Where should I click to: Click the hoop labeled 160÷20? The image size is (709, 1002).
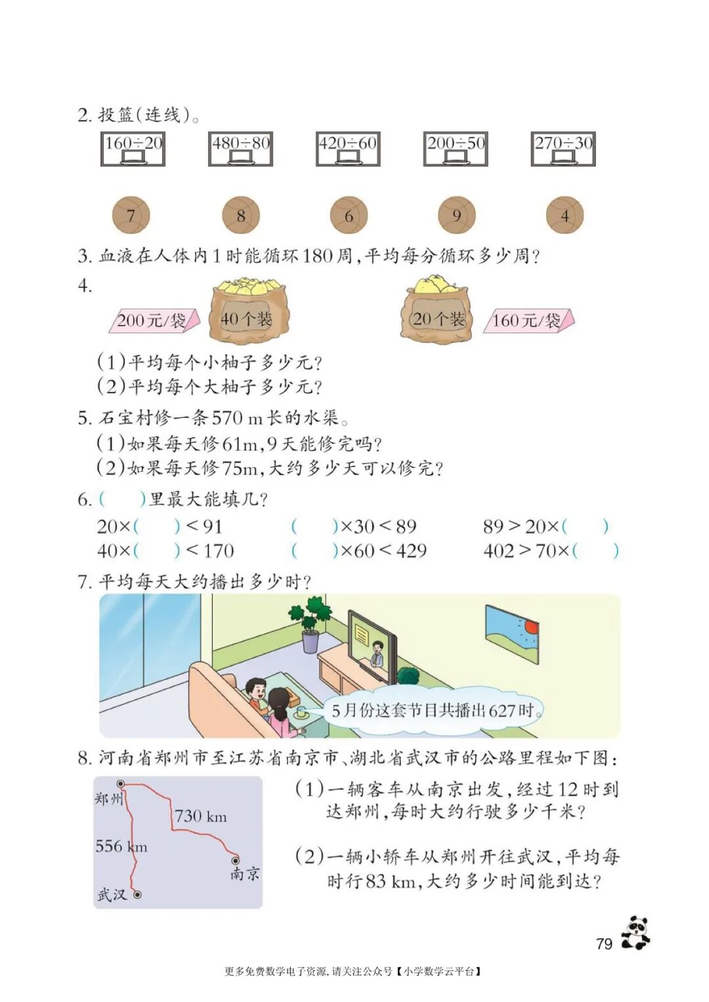click(x=133, y=149)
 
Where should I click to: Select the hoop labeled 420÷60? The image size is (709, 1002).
click(x=348, y=149)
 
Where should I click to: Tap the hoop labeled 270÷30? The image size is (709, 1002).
click(x=563, y=149)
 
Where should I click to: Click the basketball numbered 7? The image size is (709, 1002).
click(x=131, y=215)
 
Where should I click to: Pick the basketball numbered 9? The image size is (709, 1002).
click(x=456, y=215)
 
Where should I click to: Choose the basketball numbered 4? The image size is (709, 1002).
click(x=565, y=215)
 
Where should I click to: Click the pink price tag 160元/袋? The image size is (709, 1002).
click(x=529, y=321)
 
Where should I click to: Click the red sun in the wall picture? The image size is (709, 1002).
click(x=530, y=627)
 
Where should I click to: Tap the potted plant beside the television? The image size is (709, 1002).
click(x=309, y=624)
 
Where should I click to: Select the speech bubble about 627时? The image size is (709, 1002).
click(x=433, y=710)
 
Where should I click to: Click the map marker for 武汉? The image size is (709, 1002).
click(x=137, y=894)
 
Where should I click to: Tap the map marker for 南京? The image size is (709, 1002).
click(x=235, y=860)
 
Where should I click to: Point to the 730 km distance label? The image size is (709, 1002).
click(x=200, y=817)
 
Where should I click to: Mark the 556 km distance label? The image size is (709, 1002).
click(x=121, y=846)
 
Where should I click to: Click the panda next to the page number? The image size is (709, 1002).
click(x=635, y=932)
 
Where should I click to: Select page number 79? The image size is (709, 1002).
click(x=604, y=944)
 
